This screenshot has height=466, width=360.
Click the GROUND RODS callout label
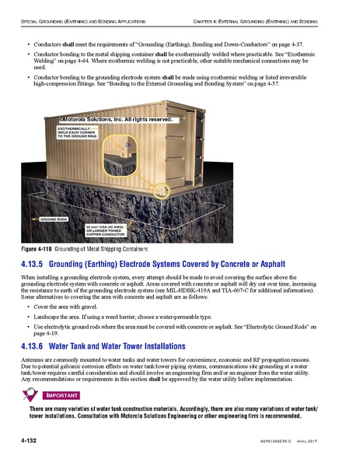[x=54, y=220]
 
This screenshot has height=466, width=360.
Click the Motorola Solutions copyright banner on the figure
[x=114, y=121]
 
